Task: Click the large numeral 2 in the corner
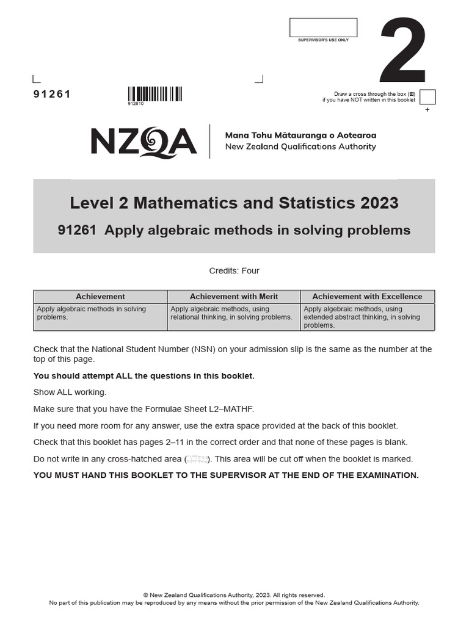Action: click(402, 52)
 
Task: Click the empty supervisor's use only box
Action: click(323, 27)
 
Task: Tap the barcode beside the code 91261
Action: click(155, 93)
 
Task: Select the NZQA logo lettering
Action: click(144, 142)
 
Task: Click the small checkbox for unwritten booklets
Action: click(427, 97)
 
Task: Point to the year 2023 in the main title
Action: click(378, 203)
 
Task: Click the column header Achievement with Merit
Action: click(233, 297)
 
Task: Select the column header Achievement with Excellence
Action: click(367, 297)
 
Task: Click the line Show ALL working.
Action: click(70, 392)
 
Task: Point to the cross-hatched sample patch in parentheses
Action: click(197, 459)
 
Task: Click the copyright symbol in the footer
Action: click(145, 595)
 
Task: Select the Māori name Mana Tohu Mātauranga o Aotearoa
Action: click(300, 135)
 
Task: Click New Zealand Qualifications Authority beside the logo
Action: click(300, 146)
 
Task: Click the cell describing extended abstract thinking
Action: click(367, 317)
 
